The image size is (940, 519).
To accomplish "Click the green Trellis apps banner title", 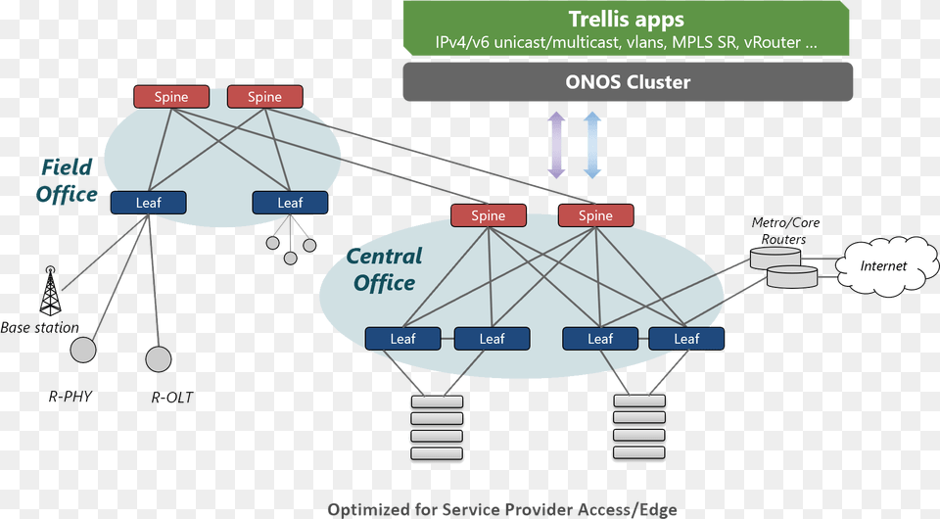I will click(x=627, y=20).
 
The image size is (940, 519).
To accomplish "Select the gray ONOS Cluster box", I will click(x=628, y=82).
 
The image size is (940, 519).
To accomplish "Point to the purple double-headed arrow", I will click(x=556, y=145).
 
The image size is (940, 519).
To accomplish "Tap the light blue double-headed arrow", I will click(x=592, y=145).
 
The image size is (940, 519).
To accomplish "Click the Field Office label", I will click(x=67, y=180).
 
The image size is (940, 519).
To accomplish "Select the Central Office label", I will click(x=384, y=269).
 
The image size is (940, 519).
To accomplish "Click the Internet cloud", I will click(x=883, y=265).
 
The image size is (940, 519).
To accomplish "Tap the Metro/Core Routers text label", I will click(x=784, y=231).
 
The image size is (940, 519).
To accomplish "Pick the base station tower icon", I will click(x=50, y=291).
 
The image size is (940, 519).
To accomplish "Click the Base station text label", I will click(x=40, y=328).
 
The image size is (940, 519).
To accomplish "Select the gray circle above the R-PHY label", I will click(x=83, y=350).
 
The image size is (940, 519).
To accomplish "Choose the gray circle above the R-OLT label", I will click(x=159, y=359).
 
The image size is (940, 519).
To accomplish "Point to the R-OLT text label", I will click(x=172, y=398).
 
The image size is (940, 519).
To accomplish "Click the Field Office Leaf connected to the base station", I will click(x=148, y=203).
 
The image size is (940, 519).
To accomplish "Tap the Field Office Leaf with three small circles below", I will click(x=290, y=203).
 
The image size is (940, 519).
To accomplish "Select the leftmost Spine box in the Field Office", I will click(x=171, y=97).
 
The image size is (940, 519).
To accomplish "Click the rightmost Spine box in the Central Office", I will click(x=595, y=215).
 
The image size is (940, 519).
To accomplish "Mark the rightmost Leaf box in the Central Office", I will click(x=686, y=339).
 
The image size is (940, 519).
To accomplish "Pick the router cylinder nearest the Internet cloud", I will click(x=792, y=277).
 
